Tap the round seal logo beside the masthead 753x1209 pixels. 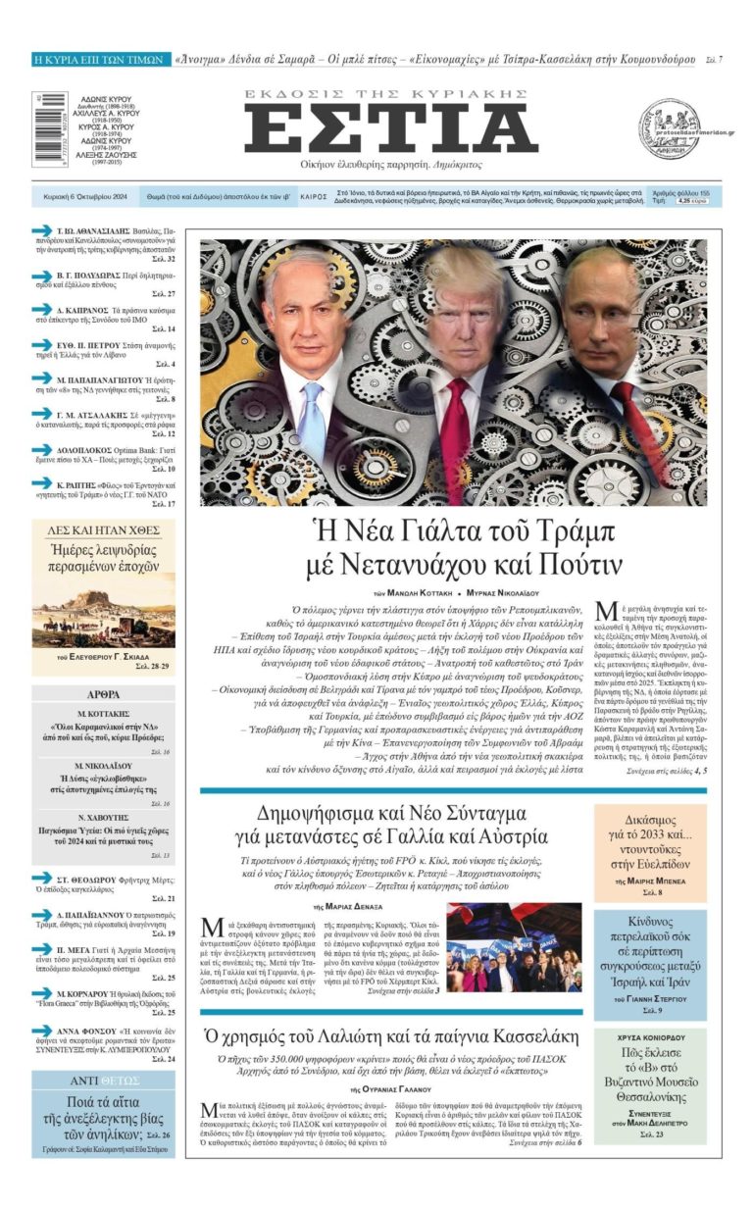pyautogui.click(x=670, y=129)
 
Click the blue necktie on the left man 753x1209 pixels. pyautogui.click(x=312, y=423)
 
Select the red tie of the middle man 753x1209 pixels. pyautogui.click(x=453, y=441)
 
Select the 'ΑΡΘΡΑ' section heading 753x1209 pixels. pyautogui.click(x=103, y=693)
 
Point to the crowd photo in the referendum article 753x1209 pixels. pyautogui.click(x=514, y=947)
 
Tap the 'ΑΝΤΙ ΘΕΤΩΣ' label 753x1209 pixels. pyautogui.click(x=103, y=1081)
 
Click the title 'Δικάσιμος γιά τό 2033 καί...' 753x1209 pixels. pyautogui.click(x=649, y=832)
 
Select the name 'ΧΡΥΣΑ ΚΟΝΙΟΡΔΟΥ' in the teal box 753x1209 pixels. pyautogui.click(x=650, y=1037)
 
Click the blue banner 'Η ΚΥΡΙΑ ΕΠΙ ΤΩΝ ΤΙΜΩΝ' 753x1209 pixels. pyautogui.click(x=98, y=60)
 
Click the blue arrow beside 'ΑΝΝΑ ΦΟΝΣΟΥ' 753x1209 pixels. pyautogui.click(x=41, y=1031)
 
